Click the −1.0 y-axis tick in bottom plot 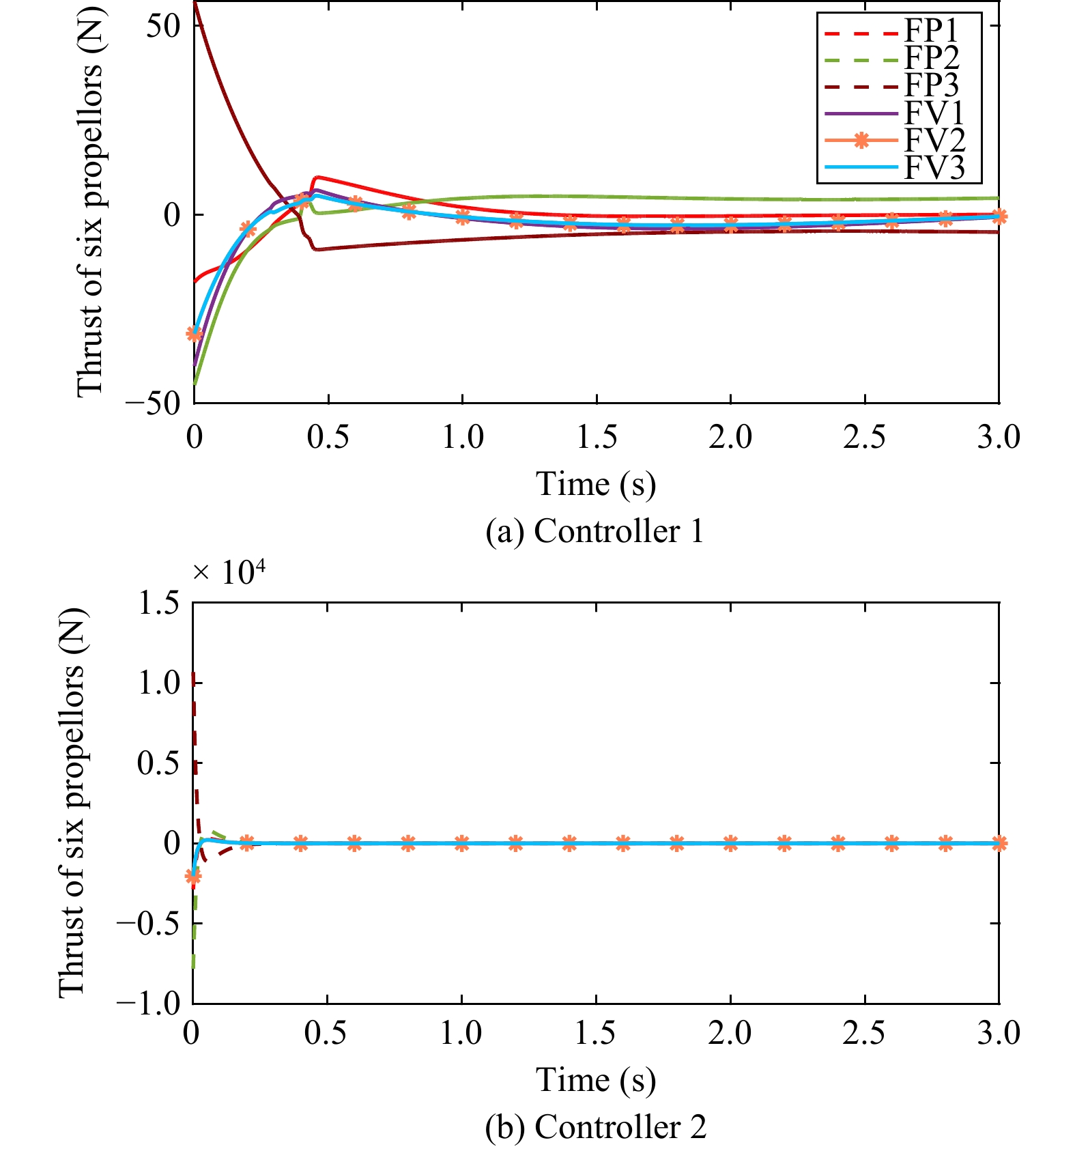[x=149, y=1003]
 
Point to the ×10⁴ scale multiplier [x=229, y=572]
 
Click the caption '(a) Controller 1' [x=594, y=531]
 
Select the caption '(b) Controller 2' [x=596, y=1127]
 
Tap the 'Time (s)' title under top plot [x=596, y=484]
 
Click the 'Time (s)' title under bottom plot [x=596, y=1080]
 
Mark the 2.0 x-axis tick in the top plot [x=730, y=437]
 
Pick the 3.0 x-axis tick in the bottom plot [x=999, y=1033]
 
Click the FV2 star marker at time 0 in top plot [x=195, y=334]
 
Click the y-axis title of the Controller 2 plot [x=72, y=803]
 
